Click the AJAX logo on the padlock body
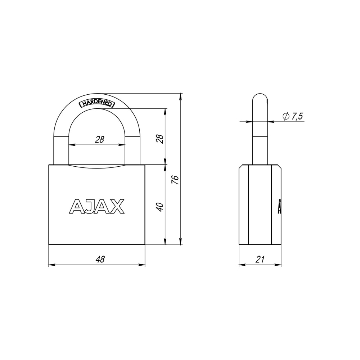coord(97,206)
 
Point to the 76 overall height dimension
coord(175,180)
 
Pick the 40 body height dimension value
coord(160,207)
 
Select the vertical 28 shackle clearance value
coord(160,139)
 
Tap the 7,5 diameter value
coord(297,116)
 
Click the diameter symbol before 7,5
coord(286,116)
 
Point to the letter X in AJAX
coord(117,206)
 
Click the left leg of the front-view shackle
coord(60,151)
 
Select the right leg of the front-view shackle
coord(133,151)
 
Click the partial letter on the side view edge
coord(279,206)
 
